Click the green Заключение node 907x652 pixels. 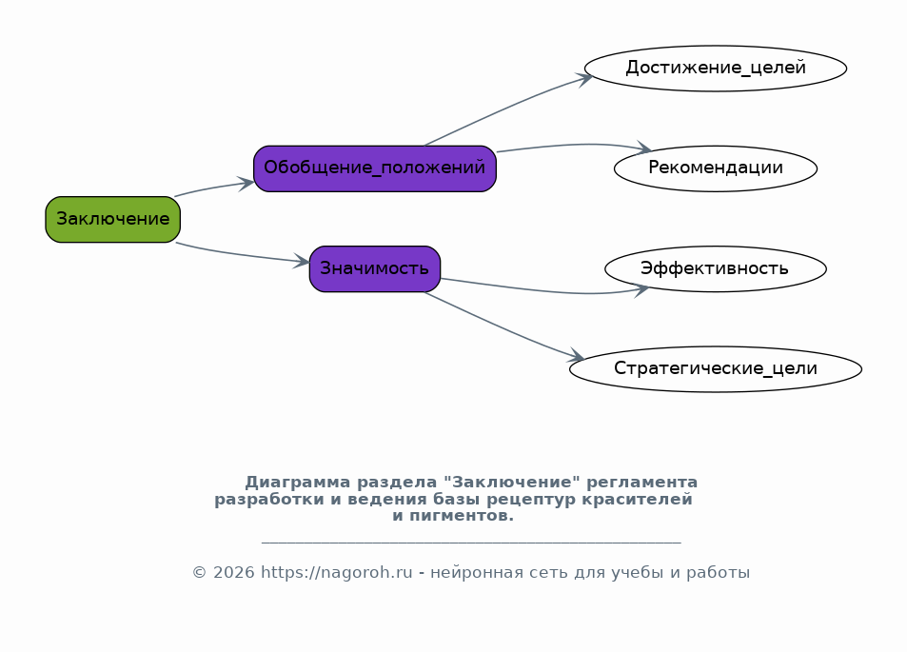tap(113, 219)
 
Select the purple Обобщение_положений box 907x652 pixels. tap(375, 168)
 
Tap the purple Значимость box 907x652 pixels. tap(375, 269)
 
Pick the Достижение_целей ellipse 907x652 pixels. tap(716, 69)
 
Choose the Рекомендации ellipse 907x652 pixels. tap(716, 168)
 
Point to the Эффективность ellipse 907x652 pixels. tap(716, 269)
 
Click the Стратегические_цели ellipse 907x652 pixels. tap(716, 369)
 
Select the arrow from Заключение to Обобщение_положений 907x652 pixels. tap(214, 188)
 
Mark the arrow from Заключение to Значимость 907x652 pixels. tap(242, 255)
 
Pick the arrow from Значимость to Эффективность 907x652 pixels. tap(543, 290)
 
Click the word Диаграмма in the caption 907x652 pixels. tap(298, 483)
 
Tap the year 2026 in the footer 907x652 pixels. tap(234, 573)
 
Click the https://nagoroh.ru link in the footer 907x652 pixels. tap(337, 573)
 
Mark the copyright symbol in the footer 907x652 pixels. tap(200, 573)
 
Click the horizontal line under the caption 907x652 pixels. tap(471, 543)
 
